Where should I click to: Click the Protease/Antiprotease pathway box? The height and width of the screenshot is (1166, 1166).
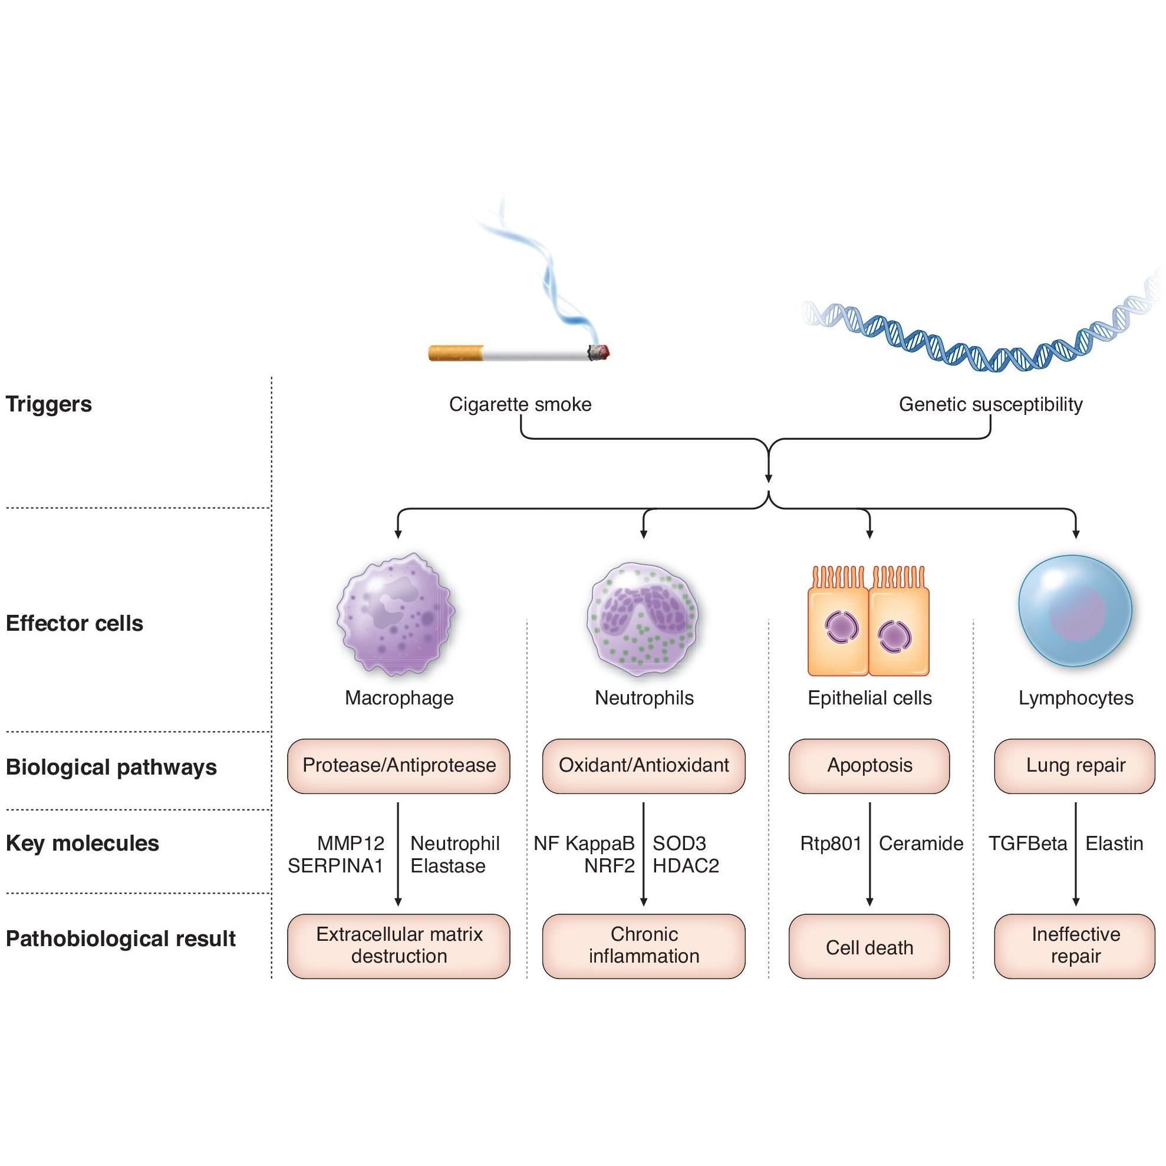398,766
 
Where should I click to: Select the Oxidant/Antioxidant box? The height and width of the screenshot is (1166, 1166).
643,766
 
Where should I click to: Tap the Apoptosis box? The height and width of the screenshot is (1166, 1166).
869,766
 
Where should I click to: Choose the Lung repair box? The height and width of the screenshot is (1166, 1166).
1075,766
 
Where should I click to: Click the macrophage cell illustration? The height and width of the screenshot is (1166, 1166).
396,613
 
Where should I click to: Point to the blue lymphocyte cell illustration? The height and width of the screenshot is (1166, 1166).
1075,611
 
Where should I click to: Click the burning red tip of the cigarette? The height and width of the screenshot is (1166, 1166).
600,352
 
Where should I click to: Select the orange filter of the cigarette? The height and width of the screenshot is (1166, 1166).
456,353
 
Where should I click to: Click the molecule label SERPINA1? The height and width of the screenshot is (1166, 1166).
335,866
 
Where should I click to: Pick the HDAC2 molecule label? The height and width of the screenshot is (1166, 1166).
686,866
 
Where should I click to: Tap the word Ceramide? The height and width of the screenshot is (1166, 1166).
921,844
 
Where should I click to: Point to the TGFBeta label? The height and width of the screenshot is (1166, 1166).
1028,844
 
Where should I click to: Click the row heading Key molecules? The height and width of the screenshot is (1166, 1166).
83,844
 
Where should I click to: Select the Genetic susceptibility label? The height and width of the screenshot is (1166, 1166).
991,404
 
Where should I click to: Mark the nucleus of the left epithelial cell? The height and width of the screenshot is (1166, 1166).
842,627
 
